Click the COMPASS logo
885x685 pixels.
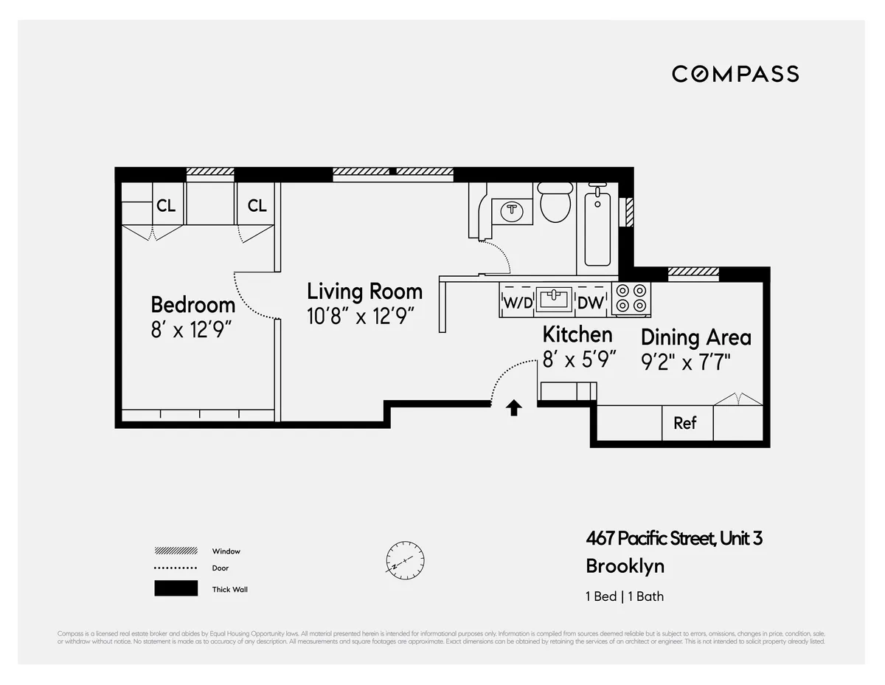point(735,74)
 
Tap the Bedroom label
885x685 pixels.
point(192,304)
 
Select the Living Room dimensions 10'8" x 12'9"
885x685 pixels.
point(361,316)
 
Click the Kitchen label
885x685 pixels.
point(577,334)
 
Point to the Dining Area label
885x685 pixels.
point(695,337)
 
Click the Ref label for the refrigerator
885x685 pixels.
point(684,424)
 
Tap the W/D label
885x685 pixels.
point(517,302)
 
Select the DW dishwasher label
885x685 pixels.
point(590,302)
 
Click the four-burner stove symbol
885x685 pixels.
point(631,298)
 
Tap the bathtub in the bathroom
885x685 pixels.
point(597,225)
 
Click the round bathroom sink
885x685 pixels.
point(512,210)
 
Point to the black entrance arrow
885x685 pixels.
point(514,407)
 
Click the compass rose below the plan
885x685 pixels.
point(405,559)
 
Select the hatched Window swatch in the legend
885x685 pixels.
point(176,551)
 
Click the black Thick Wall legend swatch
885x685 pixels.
point(176,588)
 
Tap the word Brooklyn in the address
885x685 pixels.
point(625,566)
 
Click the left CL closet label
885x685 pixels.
point(166,206)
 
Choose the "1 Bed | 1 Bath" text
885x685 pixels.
point(624,596)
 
